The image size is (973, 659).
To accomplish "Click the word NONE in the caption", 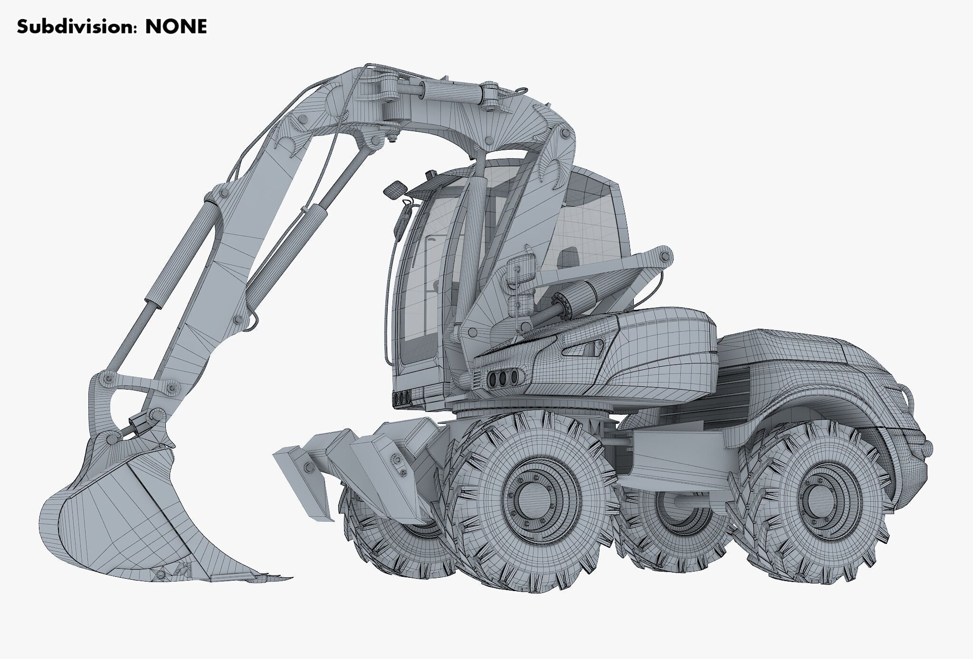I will click(176, 27).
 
